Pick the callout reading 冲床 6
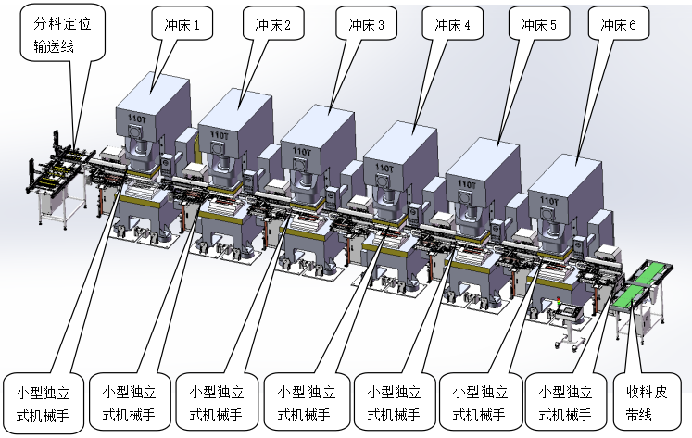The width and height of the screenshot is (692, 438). [x=618, y=26]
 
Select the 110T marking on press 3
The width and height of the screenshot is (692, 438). [x=301, y=150]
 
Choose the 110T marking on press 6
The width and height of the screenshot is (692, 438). [x=548, y=198]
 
